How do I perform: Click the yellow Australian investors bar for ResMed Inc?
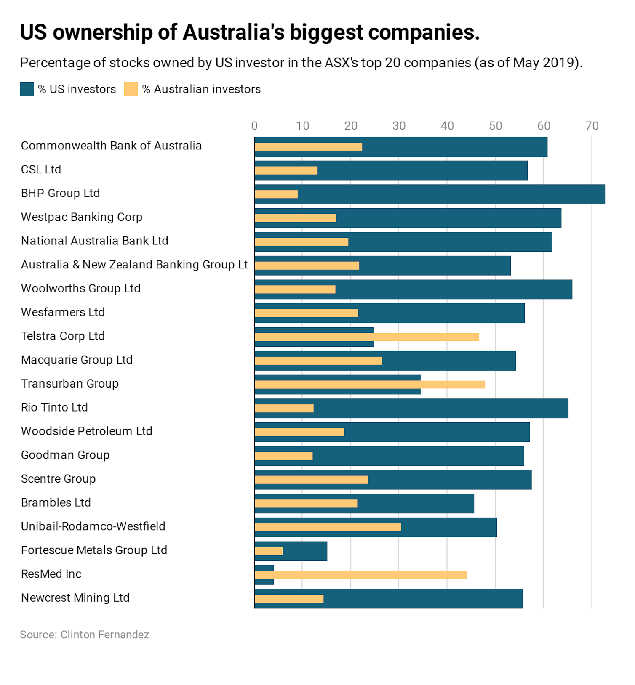point(360,575)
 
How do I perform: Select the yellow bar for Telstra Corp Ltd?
point(366,337)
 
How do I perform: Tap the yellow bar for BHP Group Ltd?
point(276,194)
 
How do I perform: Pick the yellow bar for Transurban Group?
point(369,385)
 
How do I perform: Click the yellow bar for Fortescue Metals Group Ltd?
point(269,551)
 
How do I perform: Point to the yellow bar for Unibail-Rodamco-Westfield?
point(327,527)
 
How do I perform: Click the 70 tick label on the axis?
point(592,126)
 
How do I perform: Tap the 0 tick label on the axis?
point(254,126)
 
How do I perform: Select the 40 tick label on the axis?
point(447,126)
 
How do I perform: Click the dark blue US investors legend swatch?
point(27,89)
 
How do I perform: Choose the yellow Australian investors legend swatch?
point(131,89)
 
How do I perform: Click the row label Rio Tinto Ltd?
point(54,407)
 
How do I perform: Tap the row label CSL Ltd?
point(41,170)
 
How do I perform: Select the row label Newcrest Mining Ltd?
point(75,597)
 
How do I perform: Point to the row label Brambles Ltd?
point(56,502)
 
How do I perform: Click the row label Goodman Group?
point(65,455)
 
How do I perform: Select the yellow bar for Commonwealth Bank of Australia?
point(308,147)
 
